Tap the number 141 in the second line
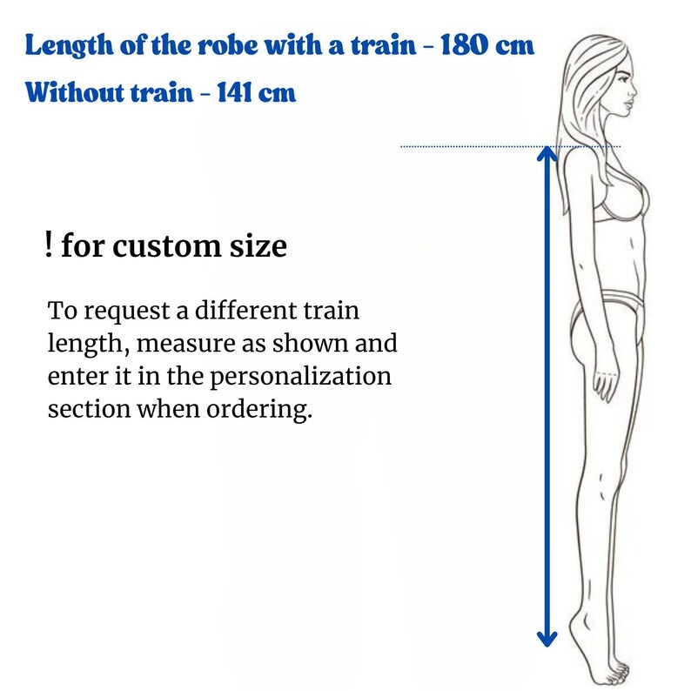tap(233, 92)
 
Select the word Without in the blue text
tap(75, 92)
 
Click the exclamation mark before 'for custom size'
tap(49, 245)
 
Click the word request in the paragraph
tap(127, 312)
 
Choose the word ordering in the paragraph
tap(259, 410)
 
